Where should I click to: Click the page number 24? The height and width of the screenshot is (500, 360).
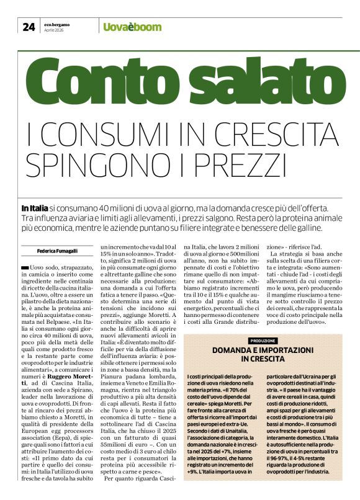[29, 26]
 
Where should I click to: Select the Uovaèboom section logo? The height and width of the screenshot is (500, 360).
[132, 27]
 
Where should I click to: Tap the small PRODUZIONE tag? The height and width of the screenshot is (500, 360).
[263, 341]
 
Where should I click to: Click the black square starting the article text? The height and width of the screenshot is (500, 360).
[42, 267]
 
